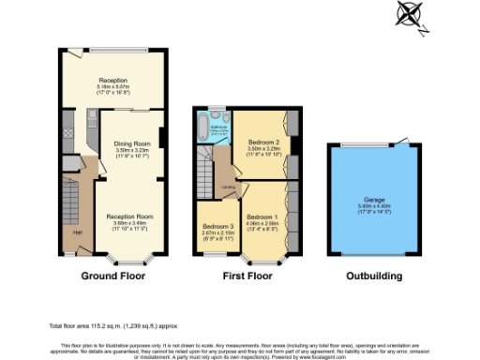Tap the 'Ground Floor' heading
[112, 277]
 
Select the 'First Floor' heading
[246, 277]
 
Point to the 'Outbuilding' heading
[374, 277]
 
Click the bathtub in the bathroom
[204, 128]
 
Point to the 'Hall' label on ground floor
[78, 231]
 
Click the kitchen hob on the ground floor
[92, 119]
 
